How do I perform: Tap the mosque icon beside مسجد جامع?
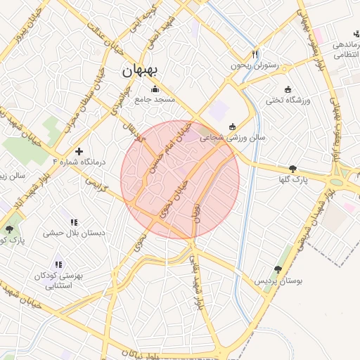pyautogui.click(x=155, y=89)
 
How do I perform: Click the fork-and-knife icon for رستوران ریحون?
pyautogui.click(x=255, y=54)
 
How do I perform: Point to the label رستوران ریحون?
pyautogui.click(x=255, y=66)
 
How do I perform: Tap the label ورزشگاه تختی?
pyautogui.click(x=287, y=101)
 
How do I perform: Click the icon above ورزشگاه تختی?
pyautogui.click(x=287, y=89)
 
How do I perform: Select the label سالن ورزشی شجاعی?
pyautogui.click(x=233, y=138)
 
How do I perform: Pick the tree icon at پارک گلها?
pyautogui.click(x=292, y=169)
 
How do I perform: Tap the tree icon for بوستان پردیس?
pyautogui.click(x=278, y=269)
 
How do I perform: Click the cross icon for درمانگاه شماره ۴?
pyautogui.click(x=79, y=150)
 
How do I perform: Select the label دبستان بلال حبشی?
pyautogui.click(x=74, y=233)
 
